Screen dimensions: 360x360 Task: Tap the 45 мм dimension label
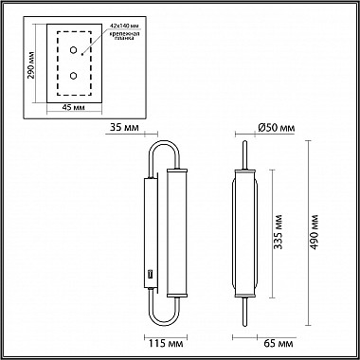[x=73, y=107]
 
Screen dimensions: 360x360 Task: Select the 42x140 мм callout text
[x=124, y=26]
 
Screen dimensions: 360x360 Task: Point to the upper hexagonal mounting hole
[x=73, y=49]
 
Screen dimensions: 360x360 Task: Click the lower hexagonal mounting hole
[x=73, y=76]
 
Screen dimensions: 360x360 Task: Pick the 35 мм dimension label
[x=124, y=127]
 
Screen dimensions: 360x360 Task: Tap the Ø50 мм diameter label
[x=277, y=128]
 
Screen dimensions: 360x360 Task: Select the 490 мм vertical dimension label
[x=315, y=231]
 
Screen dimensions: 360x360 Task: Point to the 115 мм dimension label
[x=166, y=343]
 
